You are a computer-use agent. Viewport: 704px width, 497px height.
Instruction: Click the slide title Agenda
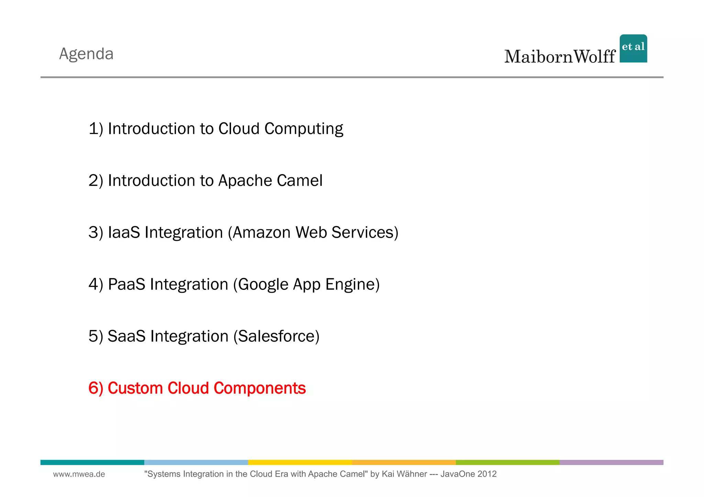pos(86,54)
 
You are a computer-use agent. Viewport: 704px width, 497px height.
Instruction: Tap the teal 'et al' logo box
pos(633,48)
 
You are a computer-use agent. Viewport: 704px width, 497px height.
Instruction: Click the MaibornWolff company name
pos(560,57)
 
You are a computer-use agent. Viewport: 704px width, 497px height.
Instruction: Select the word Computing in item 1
pos(304,129)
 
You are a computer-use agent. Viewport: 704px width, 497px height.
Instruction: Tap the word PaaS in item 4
pos(126,284)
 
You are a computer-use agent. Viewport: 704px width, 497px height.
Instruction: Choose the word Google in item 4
pos(263,285)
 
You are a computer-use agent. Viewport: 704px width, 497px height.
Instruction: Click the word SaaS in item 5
pos(126,336)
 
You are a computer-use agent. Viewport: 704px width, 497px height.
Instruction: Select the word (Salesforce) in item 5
pos(276,336)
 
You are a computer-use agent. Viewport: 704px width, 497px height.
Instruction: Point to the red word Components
pos(260,388)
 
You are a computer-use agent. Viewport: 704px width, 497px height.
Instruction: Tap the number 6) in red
pos(96,388)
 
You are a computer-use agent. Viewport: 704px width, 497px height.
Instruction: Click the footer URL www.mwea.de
pos(79,474)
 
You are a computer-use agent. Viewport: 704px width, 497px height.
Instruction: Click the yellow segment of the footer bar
pos(300,462)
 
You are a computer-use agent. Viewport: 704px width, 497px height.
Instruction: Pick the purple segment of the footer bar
pos(611,462)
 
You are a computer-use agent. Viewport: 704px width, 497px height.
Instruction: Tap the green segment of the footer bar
pos(507,462)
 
